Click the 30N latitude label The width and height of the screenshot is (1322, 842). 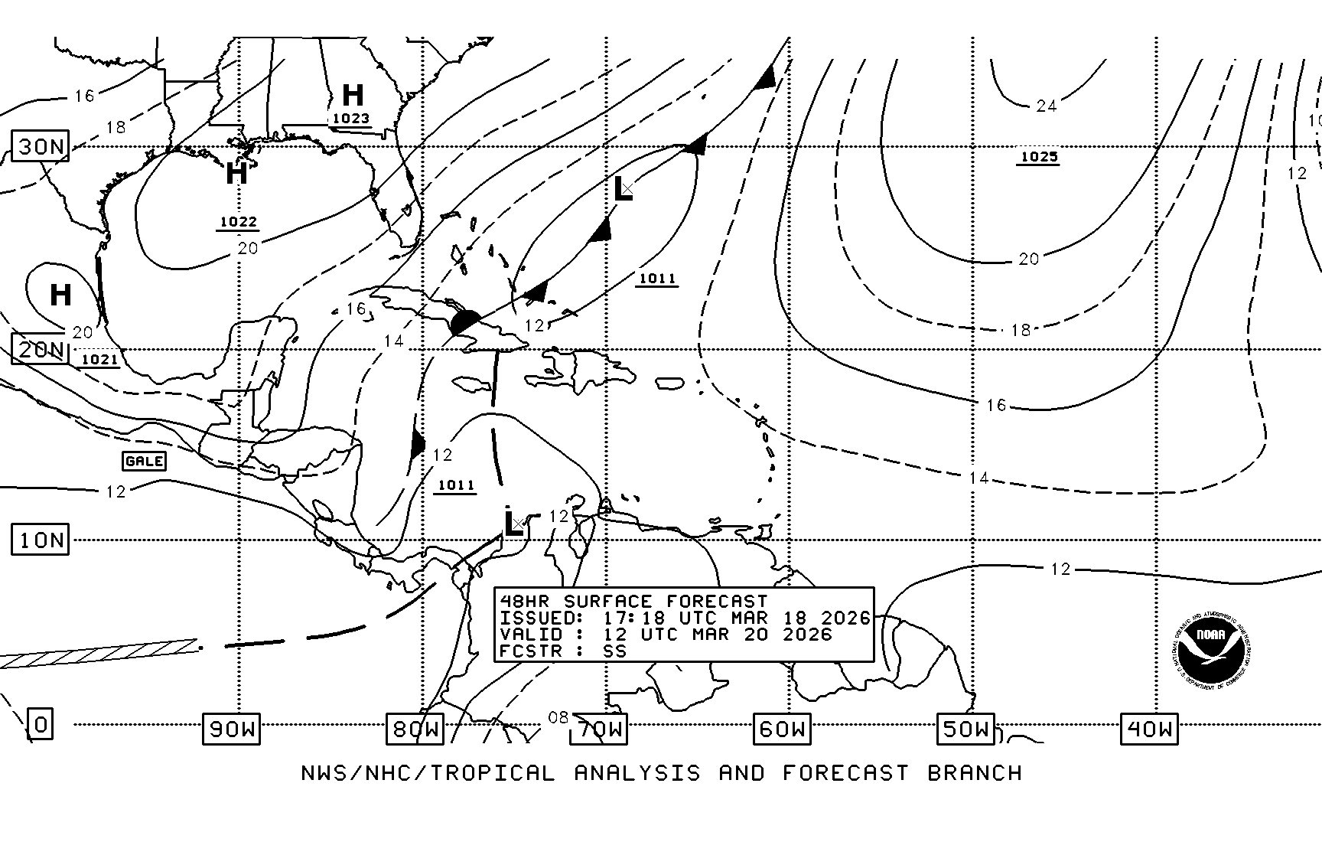pos(41,146)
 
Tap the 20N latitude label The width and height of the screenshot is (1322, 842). pos(41,350)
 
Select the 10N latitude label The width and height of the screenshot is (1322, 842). pos(41,540)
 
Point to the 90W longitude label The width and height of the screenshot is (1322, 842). pos(231,729)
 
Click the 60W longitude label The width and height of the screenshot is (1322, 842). pos(782,729)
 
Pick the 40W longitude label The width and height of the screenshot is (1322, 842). pos(1149,729)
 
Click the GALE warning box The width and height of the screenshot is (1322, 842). pos(144,461)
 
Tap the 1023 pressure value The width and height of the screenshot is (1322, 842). pos(351,119)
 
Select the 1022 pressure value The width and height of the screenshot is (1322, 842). pos(239,223)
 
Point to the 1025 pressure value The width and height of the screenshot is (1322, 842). pos(1040,157)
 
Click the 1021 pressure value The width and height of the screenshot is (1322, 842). pos(99,360)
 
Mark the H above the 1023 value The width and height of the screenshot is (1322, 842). pos(353,95)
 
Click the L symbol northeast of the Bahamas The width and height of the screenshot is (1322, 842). pos(623,189)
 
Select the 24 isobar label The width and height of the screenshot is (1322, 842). pos(1046,106)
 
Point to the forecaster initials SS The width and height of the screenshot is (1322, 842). pos(614,651)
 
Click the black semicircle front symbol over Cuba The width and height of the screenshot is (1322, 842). pos(466,321)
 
